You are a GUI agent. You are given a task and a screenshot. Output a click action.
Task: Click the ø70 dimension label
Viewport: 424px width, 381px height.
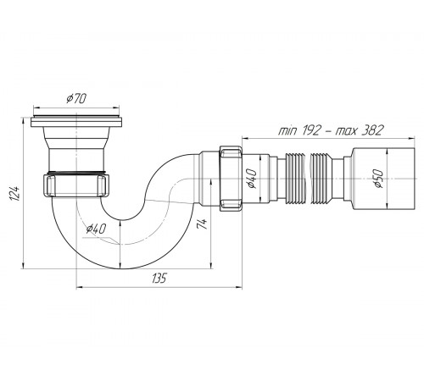tap(75, 98)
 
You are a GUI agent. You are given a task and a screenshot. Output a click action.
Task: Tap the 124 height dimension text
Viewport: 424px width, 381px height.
tap(14, 193)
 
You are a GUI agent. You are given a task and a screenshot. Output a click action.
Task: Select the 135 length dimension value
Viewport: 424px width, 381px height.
tap(159, 279)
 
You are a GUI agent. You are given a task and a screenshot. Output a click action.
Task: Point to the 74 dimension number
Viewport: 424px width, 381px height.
tap(203, 224)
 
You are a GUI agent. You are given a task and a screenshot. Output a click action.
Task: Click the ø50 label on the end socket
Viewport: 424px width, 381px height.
tap(378, 179)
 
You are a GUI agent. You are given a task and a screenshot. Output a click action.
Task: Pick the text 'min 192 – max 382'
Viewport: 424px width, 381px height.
tap(331, 130)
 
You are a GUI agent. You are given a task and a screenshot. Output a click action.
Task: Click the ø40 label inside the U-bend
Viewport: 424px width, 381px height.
tap(96, 229)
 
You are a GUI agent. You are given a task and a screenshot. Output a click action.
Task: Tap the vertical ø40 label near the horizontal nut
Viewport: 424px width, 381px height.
tap(251, 179)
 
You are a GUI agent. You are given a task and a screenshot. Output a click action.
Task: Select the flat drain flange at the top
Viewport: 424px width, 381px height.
tap(76, 121)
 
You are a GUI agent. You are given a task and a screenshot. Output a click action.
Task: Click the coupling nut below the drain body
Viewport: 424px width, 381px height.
tap(76, 185)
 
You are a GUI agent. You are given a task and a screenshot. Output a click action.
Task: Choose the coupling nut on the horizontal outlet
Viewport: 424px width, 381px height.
tap(231, 179)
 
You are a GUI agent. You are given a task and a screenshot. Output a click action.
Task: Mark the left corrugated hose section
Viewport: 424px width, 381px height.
tap(294, 179)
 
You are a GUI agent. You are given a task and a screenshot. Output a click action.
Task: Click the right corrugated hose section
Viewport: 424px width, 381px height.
tap(321, 179)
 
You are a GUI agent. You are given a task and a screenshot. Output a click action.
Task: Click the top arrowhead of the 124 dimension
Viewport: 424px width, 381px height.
tap(23, 120)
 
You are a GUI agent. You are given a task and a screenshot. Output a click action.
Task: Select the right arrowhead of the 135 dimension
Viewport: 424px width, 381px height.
tap(239, 288)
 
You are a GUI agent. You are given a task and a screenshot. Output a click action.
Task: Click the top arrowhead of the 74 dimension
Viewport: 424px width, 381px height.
tap(210, 182)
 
